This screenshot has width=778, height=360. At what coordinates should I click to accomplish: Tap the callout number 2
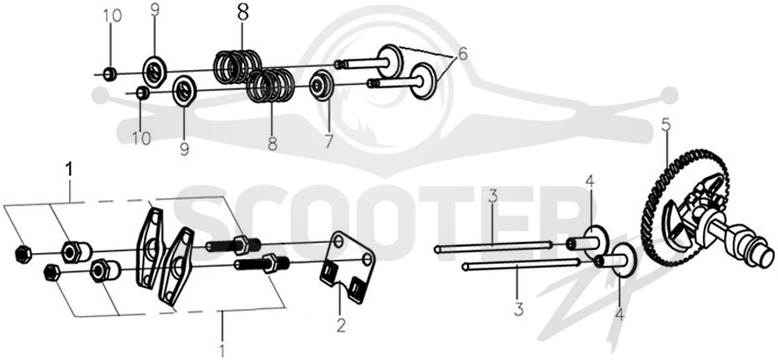pos(341,325)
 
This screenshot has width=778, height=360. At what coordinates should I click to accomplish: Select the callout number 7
pos(329,141)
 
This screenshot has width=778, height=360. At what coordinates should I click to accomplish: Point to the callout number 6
pos(463,54)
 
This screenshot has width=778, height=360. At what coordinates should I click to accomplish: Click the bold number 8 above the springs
pos(242,13)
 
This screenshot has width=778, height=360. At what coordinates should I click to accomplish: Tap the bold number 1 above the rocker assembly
pos(69,169)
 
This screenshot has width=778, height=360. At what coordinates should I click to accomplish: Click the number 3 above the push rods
pos(492,197)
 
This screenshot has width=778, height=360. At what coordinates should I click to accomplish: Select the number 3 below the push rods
pos(518,309)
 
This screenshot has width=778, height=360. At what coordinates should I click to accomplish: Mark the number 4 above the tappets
pos(589,182)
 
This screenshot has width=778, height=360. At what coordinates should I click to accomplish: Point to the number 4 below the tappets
pos(619,313)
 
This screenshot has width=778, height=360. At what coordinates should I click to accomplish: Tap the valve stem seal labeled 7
pos(321,86)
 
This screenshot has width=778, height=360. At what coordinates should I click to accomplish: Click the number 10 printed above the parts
pos(112,16)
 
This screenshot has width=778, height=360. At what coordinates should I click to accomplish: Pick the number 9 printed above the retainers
pos(155,10)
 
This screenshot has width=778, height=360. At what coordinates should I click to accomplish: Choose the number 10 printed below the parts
pos(142,138)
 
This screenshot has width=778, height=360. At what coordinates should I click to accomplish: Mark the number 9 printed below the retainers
pos(184,148)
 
